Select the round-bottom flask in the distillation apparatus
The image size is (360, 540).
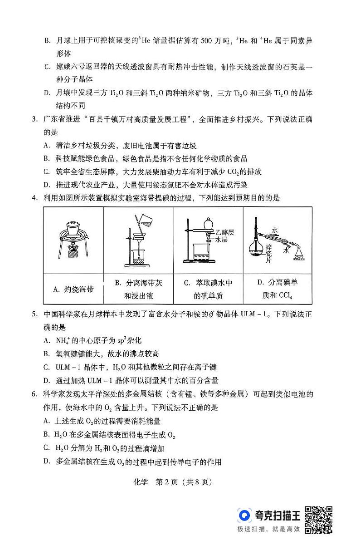pyautogui.click(x=255, y=249)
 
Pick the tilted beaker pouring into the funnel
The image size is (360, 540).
pyautogui.click(x=144, y=221)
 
